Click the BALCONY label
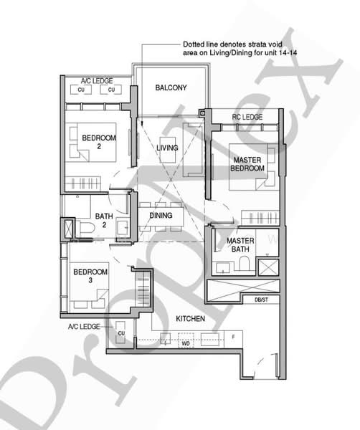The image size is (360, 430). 171,88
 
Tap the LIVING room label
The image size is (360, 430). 167,148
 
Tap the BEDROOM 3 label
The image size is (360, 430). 90,276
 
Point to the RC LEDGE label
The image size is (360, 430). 247,117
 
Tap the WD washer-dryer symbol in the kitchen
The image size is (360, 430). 184,343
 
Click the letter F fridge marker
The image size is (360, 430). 232,335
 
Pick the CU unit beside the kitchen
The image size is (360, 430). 121,333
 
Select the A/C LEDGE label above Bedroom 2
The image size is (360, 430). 94,80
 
